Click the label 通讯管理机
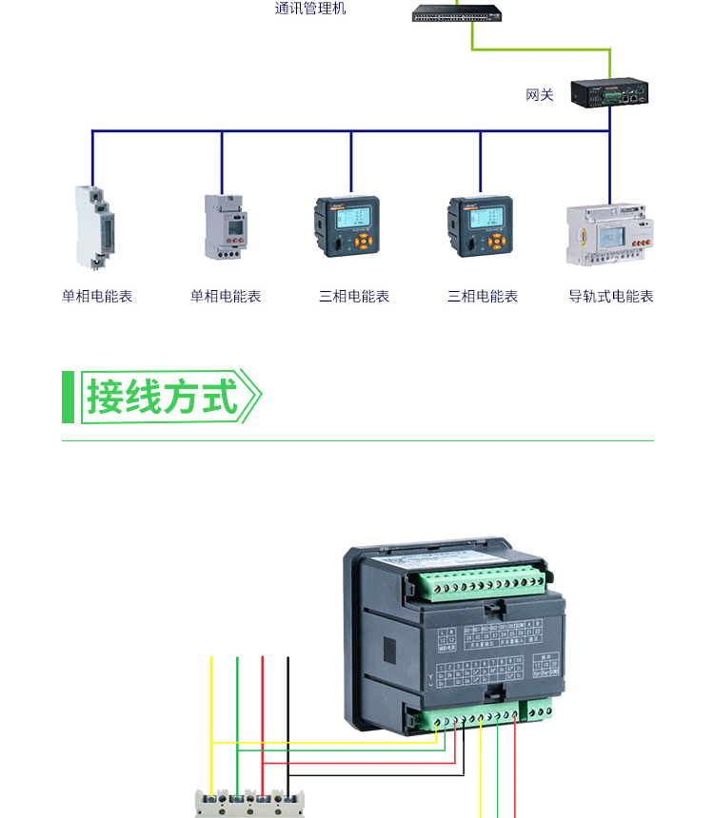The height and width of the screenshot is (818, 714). pos(310,10)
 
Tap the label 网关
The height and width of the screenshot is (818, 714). pos(539,95)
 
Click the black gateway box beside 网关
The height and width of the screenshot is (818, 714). pos(609,91)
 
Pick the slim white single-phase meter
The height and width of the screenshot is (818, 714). pos(93,226)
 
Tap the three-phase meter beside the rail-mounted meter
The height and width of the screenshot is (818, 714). pos(481,226)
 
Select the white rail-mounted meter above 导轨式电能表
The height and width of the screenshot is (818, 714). pos(610,233)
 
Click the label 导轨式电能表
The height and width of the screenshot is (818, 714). pos(611,297)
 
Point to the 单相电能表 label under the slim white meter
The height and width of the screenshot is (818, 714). pos(97,297)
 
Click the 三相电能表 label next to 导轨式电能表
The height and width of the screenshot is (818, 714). pos(483,297)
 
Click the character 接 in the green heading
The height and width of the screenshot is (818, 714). pos(107,397)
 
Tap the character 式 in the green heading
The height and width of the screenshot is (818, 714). pos(220,397)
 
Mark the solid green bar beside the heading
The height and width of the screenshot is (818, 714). pos(68,397)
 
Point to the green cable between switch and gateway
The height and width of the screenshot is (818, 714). pos(543,49)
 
